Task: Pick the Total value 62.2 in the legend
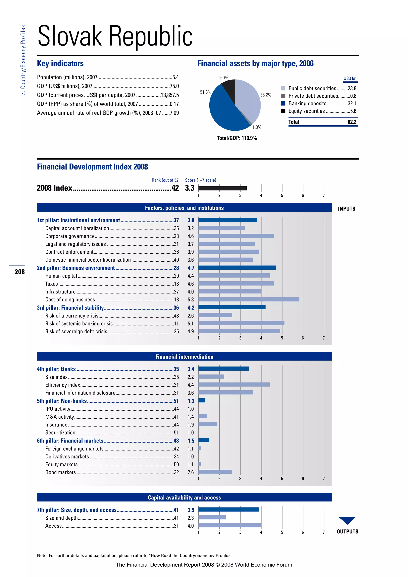[352, 122]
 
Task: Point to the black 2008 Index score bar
[222, 188]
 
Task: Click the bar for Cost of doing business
[248, 299]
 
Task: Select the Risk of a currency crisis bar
[215, 315]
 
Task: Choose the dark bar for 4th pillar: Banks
[223, 368]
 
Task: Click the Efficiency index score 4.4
[190, 385]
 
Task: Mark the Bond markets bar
[215, 472]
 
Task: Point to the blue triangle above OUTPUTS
[347, 519]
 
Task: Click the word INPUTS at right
[346, 209]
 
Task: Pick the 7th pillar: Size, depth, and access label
[77, 510]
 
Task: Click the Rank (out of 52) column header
[165, 180]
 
